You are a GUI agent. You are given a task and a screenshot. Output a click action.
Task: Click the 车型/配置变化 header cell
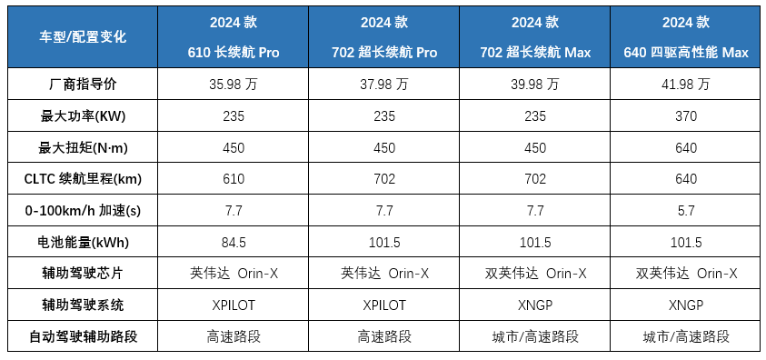click(83, 37)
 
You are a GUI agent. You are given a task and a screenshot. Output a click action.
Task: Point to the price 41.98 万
click(686, 85)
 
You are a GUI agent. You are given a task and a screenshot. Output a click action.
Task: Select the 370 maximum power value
click(686, 115)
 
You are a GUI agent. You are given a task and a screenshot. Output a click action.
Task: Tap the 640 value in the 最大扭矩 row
click(686, 147)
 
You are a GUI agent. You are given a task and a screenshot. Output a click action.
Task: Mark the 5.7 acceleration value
click(686, 211)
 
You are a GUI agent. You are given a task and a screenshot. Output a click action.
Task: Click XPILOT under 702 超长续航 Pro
click(384, 305)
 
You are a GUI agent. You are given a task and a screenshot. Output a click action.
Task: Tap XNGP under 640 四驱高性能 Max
click(686, 305)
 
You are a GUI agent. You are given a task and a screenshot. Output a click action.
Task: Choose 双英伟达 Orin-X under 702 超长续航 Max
click(534, 274)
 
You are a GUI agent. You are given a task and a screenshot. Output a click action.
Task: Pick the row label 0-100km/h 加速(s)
click(83, 211)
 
